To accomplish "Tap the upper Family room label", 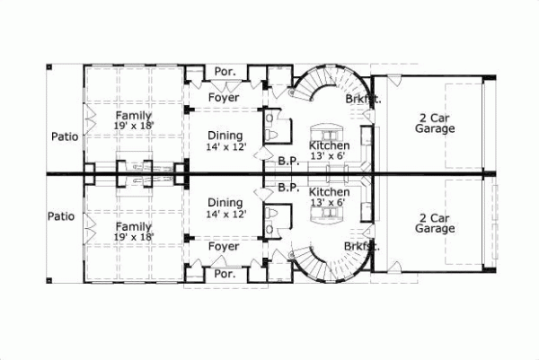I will tap(132, 121).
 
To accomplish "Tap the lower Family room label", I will tap(132, 232).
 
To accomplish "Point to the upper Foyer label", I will tap(223, 97).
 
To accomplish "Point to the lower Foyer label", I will tap(223, 246).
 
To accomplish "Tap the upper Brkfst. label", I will tap(362, 100).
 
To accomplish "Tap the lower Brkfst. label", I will tap(362, 245).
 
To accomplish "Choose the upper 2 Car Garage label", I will tap(434, 123).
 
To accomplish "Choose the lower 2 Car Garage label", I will tap(434, 223).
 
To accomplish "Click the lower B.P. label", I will tap(288, 188).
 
